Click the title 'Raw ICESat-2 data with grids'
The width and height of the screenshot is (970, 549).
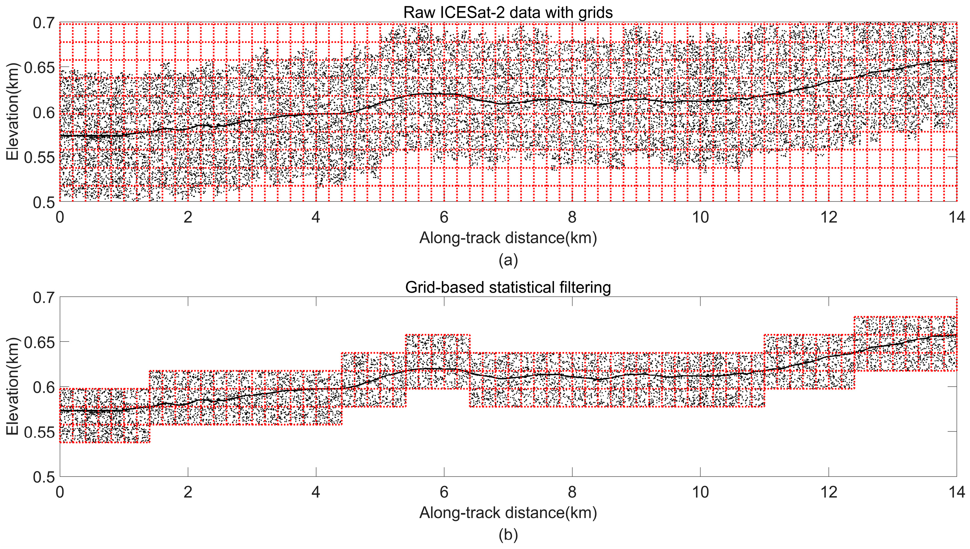(508, 12)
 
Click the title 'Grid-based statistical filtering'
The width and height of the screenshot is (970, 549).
(508, 287)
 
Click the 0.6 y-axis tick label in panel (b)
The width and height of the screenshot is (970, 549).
(44, 387)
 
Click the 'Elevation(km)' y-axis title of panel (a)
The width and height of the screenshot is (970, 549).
(12, 112)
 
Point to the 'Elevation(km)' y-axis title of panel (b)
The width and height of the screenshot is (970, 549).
(12, 387)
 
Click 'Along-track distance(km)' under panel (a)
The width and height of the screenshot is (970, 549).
(508, 238)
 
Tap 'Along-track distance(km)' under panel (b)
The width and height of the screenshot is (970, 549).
(508, 513)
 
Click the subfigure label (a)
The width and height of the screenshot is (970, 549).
(508, 260)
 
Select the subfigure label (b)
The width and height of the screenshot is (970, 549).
(508, 535)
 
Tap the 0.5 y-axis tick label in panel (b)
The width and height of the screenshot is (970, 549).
(44, 477)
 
